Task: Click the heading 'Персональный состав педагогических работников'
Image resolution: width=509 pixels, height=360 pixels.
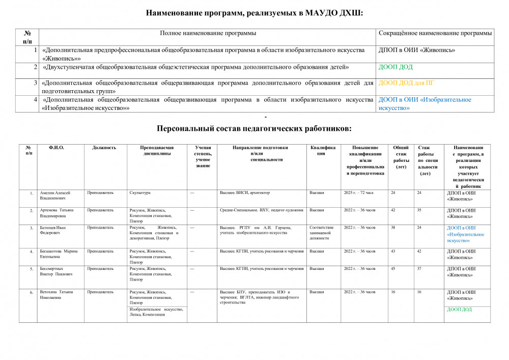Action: (x=254, y=128)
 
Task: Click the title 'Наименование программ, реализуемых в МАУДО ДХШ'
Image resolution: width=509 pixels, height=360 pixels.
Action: (x=254, y=13)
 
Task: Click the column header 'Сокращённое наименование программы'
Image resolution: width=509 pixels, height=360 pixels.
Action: (x=436, y=33)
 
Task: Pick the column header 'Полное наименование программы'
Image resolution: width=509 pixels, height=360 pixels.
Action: (x=208, y=33)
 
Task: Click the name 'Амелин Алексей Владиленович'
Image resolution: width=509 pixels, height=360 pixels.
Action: (x=56, y=196)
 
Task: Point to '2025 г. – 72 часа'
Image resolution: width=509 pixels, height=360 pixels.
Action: (x=359, y=193)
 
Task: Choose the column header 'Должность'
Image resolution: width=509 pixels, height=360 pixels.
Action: (x=104, y=148)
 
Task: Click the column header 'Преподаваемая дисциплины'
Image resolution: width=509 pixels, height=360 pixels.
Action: (x=157, y=150)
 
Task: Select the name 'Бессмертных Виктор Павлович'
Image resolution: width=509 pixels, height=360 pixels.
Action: (x=56, y=271)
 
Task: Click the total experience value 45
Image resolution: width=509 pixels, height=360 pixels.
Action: (x=393, y=268)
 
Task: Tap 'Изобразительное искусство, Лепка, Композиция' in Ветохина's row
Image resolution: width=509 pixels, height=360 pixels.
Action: (x=156, y=312)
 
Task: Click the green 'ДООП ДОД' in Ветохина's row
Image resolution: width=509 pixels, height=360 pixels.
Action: (x=459, y=309)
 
